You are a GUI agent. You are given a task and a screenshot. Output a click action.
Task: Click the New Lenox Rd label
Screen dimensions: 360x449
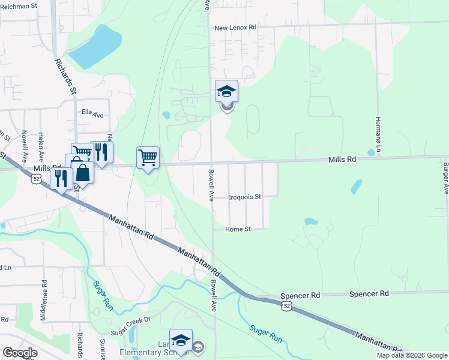click(x=235, y=28)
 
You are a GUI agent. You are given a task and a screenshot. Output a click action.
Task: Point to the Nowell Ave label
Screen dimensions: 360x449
click(x=25, y=144)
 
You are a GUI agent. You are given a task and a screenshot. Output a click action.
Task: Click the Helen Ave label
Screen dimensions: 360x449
click(x=41, y=146)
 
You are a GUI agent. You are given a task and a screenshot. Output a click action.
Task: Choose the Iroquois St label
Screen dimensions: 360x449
click(x=246, y=197)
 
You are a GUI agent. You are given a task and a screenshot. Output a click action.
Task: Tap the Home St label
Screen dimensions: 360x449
click(x=237, y=229)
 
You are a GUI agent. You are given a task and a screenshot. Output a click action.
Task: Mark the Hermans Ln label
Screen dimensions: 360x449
click(x=379, y=133)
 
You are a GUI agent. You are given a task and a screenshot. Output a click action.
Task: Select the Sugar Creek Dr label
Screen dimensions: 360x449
click(x=129, y=321)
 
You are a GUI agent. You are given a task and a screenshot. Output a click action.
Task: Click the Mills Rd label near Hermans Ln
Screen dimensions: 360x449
click(x=342, y=160)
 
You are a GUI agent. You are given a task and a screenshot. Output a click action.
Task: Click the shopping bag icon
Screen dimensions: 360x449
click(x=83, y=173)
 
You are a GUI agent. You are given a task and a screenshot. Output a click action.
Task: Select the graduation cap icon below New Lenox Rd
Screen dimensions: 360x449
click(x=227, y=91)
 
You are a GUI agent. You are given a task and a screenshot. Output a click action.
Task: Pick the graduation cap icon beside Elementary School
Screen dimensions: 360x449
click(x=181, y=340)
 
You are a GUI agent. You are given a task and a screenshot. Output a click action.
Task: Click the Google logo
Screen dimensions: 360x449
click(x=20, y=353)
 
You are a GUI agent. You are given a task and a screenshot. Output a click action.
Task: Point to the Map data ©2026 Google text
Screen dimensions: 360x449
click(x=412, y=355)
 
